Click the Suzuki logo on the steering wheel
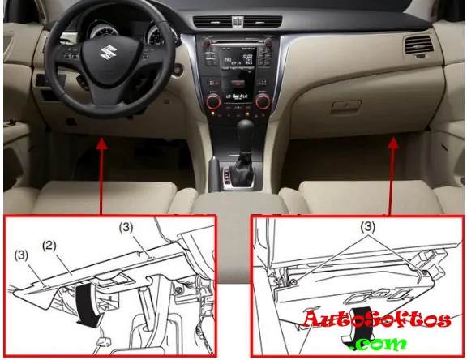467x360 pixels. click(x=107, y=53)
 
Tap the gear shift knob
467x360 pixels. click(x=246, y=131)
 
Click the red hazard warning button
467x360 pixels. click(x=238, y=84)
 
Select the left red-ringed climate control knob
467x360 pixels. click(x=213, y=101)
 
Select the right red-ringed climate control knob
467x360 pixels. click(x=263, y=101)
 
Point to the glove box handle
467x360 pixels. click(x=346, y=105)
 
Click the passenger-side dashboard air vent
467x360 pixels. click(x=418, y=45)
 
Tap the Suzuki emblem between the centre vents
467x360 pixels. click(x=238, y=21)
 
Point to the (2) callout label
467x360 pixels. click(x=49, y=246)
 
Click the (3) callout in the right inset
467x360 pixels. click(x=368, y=227)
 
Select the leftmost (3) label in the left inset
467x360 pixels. click(x=21, y=255)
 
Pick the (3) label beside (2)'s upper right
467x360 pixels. click(x=126, y=228)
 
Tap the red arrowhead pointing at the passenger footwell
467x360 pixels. click(x=393, y=143)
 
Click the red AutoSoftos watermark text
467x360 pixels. click(x=376, y=319)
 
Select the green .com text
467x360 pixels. click(x=380, y=344)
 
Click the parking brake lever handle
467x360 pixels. click(x=214, y=173)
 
